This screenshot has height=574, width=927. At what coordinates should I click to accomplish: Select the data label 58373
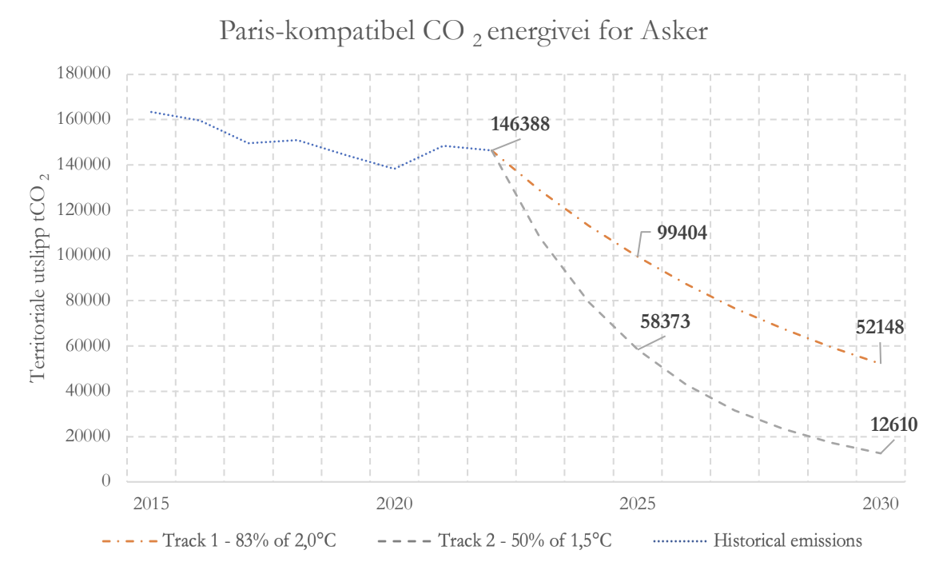click(665, 321)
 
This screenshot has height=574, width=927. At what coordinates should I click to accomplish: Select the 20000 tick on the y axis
click(89, 436)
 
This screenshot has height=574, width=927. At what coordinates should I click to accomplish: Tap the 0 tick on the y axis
click(105, 482)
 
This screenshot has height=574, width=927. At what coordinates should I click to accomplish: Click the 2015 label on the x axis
click(150, 504)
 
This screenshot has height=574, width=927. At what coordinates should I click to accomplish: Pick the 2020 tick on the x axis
click(394, 504)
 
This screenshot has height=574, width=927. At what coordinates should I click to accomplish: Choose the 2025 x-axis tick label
click(638, 504)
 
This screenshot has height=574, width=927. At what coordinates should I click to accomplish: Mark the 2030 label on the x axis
click(881, 504)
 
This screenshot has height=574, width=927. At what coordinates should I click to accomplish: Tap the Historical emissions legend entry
click(787, 541)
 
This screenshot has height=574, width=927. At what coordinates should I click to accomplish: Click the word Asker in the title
click(675, 34)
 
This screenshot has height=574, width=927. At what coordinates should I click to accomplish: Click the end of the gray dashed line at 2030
click(880, 453)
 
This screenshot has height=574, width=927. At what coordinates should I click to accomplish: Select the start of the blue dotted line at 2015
click(151, 112)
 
